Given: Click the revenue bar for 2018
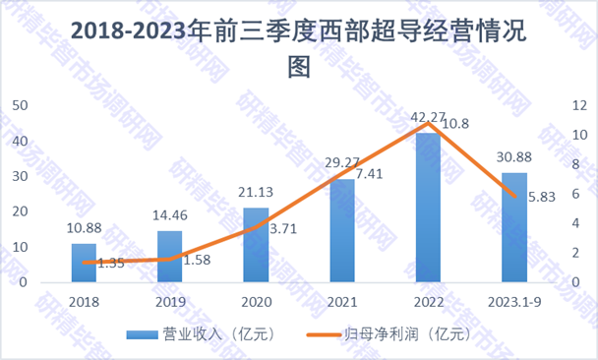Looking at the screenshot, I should point(84,263).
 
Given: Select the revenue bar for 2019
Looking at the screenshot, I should point(169,257).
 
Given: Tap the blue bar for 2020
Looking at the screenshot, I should point(256,245).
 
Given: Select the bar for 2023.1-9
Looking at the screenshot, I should point(513,227).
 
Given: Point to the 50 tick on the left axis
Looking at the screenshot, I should point(19,105).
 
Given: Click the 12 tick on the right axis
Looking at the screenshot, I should point(576,105).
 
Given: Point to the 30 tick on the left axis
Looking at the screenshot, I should point(19,176).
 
